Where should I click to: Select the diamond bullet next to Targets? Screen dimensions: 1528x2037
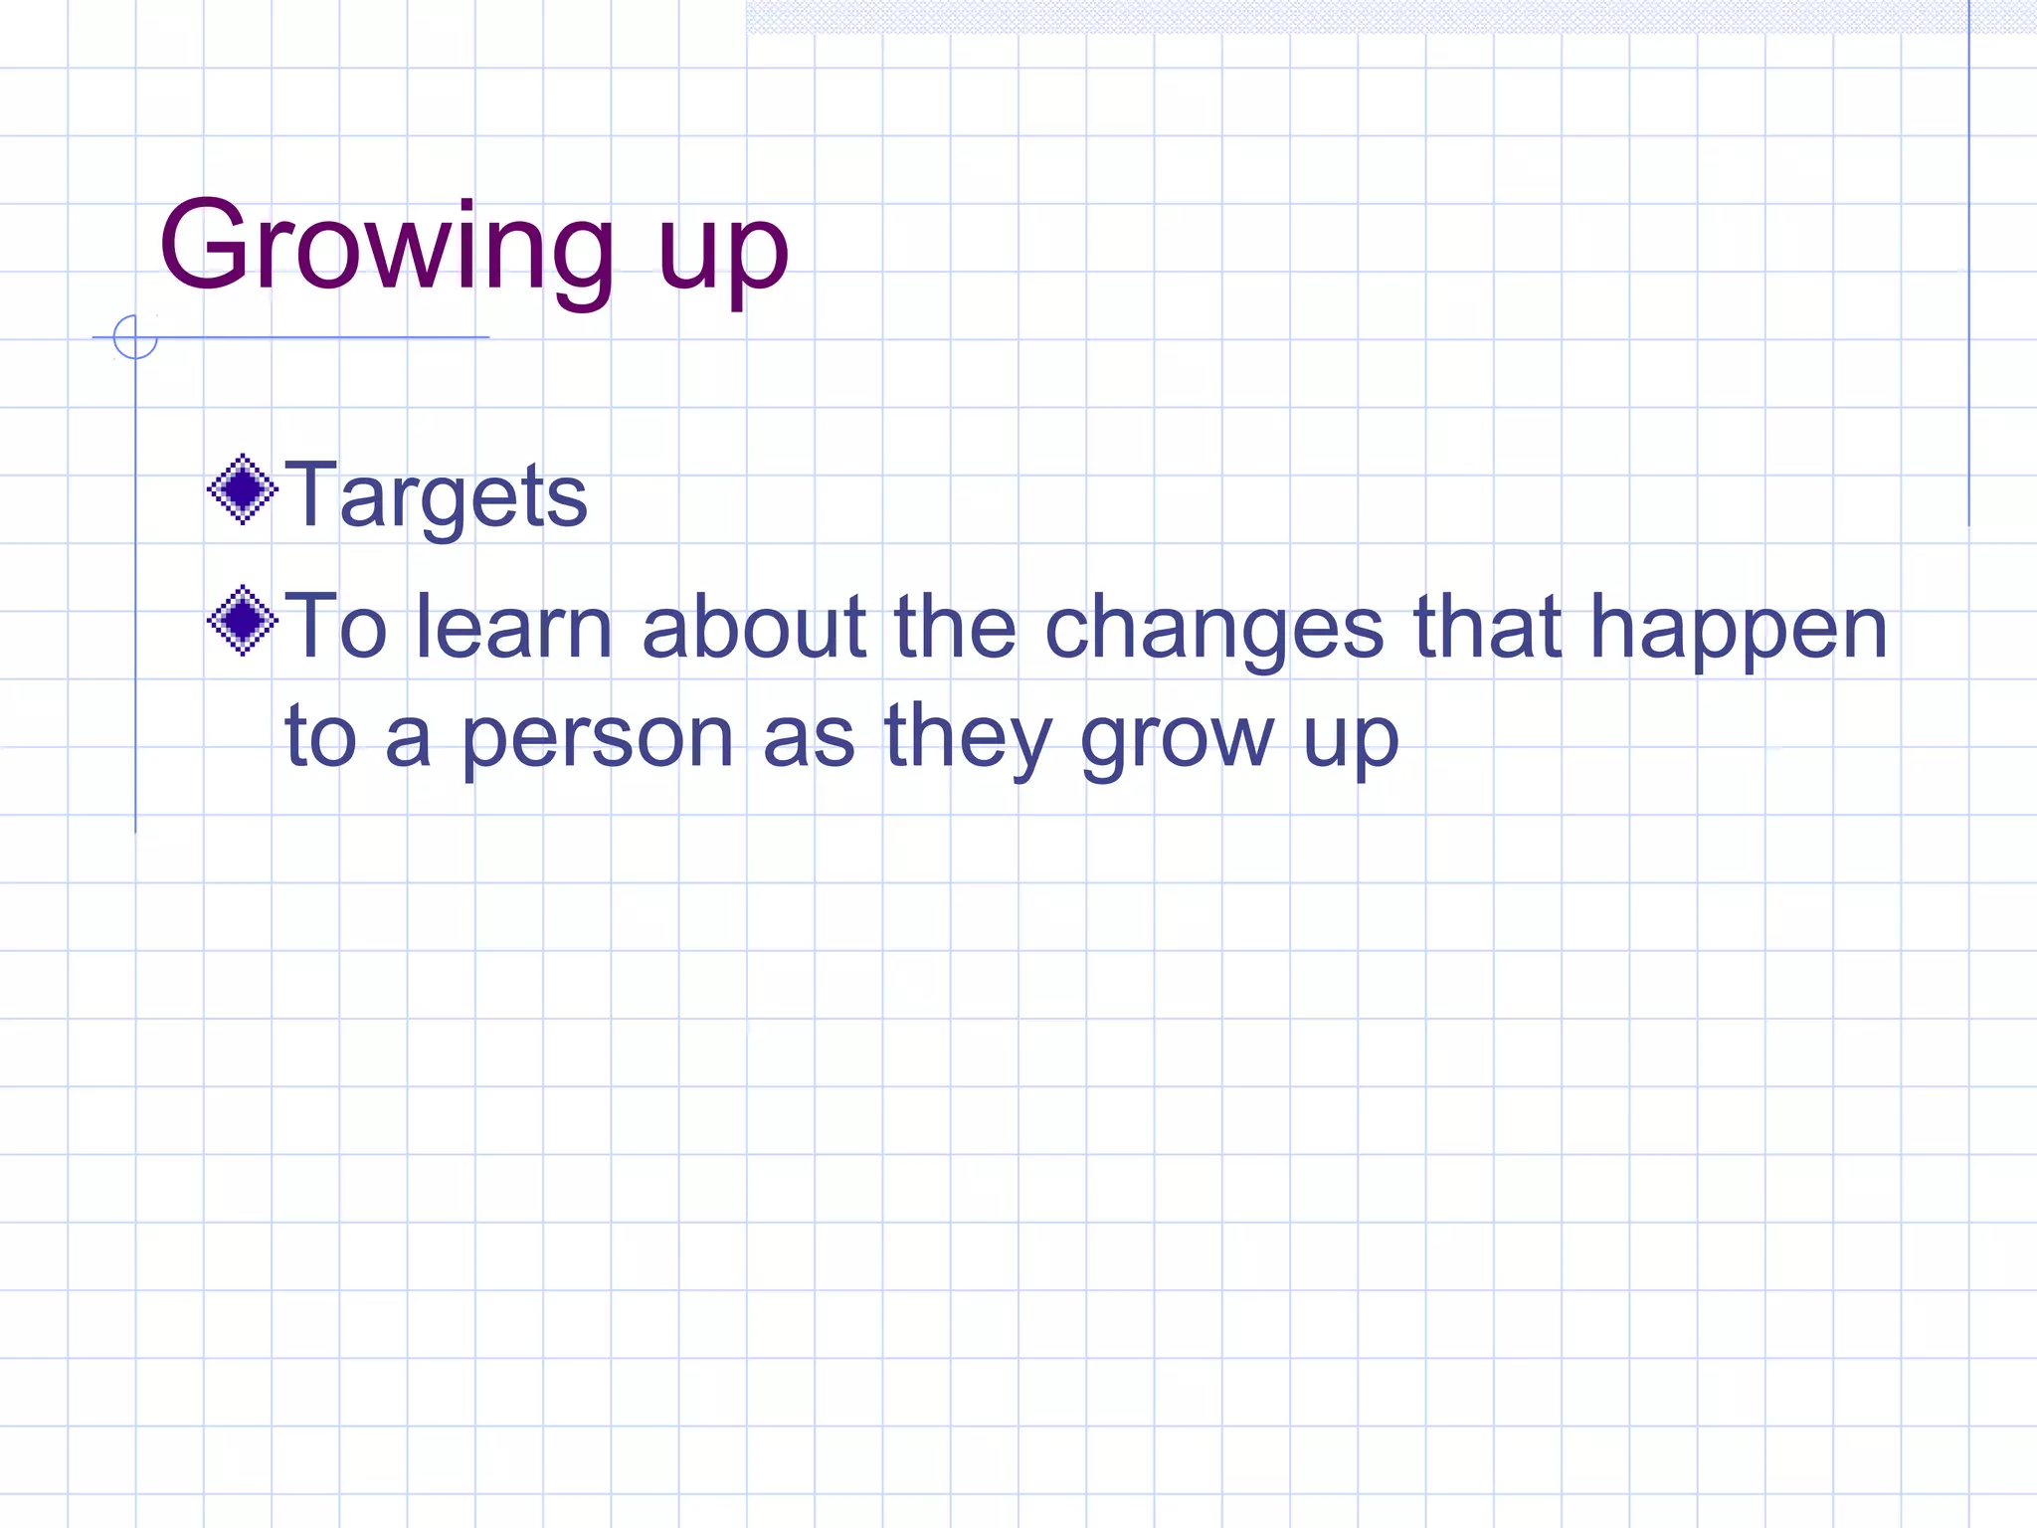coord(242,488)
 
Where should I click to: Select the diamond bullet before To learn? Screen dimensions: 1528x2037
coord(242,621)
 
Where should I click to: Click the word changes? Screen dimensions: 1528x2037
coord(1213,629)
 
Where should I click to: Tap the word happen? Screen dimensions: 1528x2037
coord(1738,629)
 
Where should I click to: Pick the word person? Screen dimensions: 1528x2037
coord(597,738)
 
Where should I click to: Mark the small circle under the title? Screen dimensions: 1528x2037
coord(135,337)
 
